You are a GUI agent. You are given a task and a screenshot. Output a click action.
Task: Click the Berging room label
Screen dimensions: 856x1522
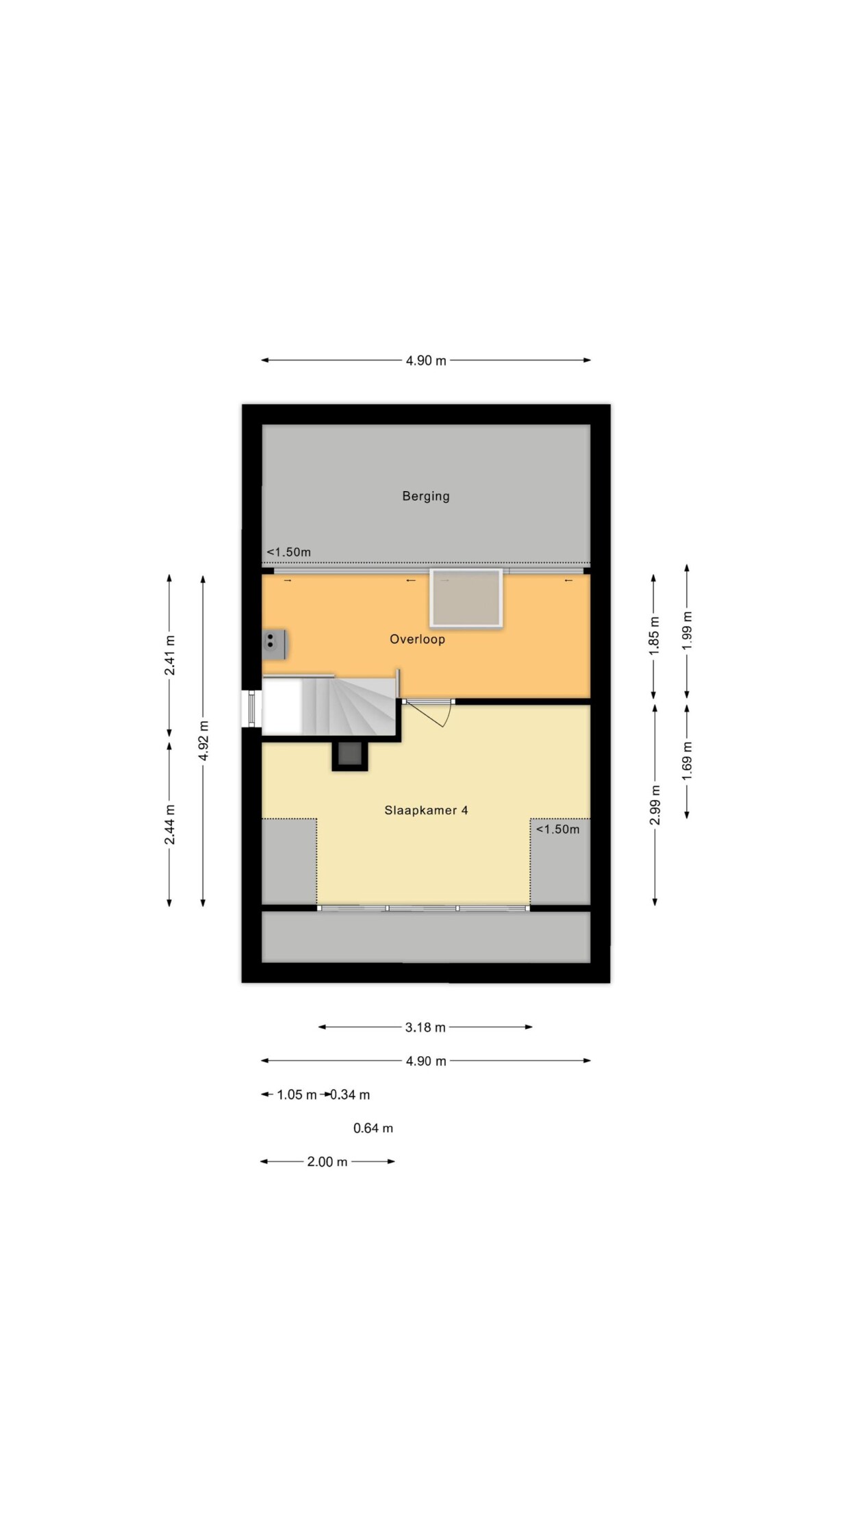[426, 496]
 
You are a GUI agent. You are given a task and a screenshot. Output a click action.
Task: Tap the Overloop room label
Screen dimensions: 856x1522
[417, 639]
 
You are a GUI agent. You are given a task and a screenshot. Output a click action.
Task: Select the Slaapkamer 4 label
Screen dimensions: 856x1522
[426, 810]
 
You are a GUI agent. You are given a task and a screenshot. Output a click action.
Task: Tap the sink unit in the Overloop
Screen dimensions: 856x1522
[274, 644]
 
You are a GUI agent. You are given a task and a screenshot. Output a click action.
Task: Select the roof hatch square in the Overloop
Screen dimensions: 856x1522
[466, 597]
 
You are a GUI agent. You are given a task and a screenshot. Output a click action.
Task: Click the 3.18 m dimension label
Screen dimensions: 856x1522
[425, 1027]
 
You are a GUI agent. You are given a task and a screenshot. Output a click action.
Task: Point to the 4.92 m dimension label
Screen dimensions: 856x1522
[203, 740]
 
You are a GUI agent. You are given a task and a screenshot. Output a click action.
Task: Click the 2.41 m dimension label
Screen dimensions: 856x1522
[169, 655]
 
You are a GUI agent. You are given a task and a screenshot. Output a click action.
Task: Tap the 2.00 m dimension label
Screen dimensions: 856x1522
[327, 1162]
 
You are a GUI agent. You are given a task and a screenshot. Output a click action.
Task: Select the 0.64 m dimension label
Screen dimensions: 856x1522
[373, 1128]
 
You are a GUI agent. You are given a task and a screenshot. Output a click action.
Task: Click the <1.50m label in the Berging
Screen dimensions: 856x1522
[288, 552]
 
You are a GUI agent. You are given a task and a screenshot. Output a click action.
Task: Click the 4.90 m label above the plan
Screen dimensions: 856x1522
[426, 360]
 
